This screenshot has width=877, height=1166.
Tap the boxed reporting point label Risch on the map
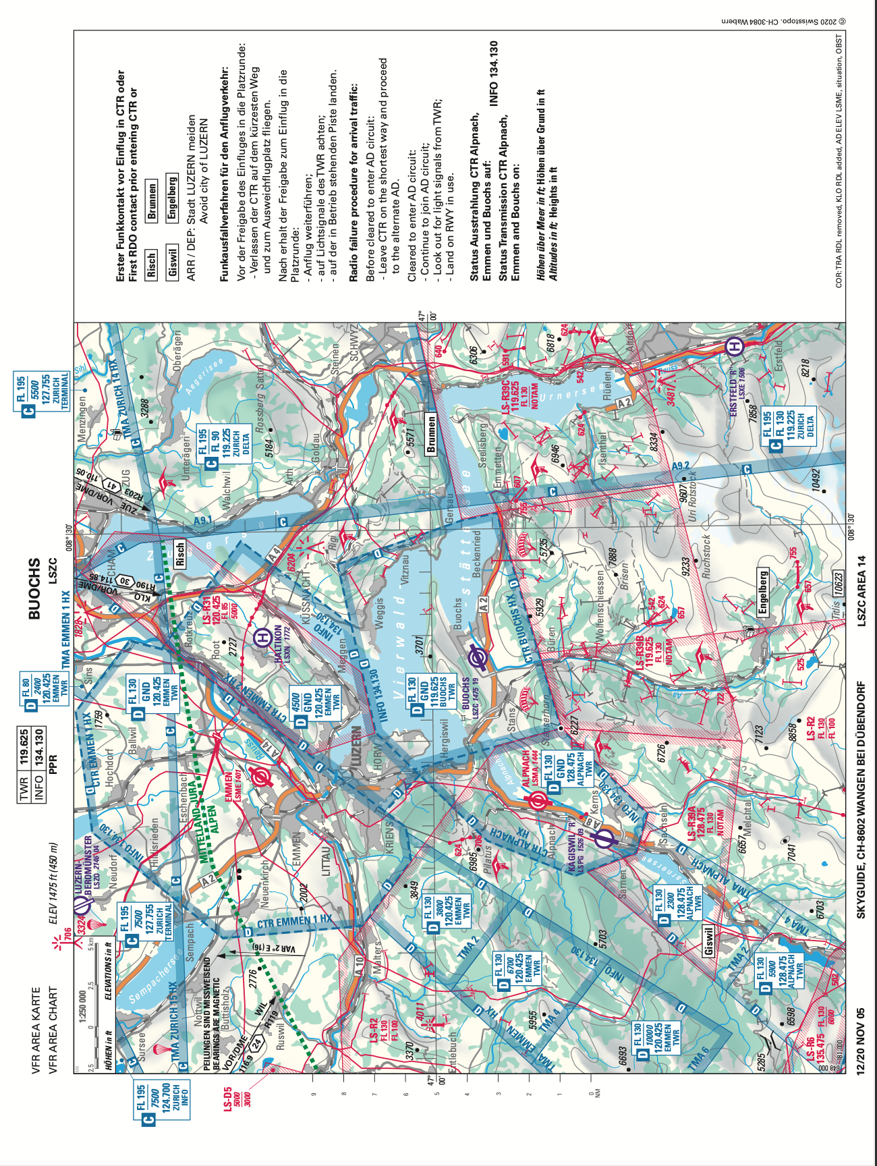point(180,553)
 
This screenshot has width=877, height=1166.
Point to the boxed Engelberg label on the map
point(763,592)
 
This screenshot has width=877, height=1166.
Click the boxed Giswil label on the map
point(709,941)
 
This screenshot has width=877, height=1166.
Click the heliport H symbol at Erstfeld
point(735,347)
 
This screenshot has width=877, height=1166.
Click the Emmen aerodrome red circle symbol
point(259,778)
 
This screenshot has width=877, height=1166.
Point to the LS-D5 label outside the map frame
point(228,1090)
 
